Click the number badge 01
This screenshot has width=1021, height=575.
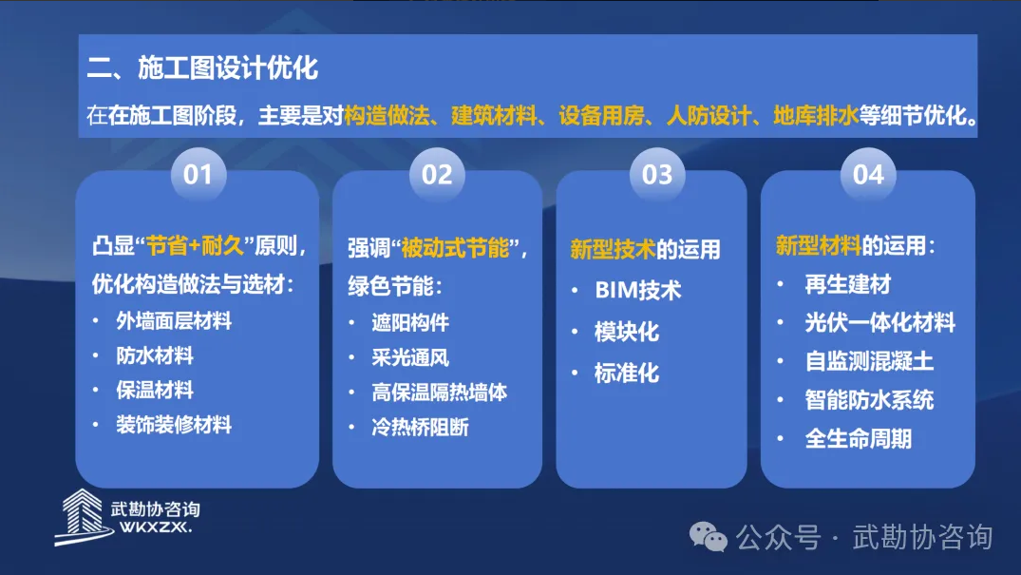click(x=198, y=175)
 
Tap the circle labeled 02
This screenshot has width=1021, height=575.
click(x=437, y=175)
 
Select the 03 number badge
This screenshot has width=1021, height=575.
click(x=657, y=175)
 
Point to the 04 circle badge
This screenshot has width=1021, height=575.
click(x=868, y=175)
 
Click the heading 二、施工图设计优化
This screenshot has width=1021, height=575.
click(x=202, y=67)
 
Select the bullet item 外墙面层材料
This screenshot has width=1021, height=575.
click(x=174, y=320)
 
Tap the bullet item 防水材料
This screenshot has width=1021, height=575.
click(x=155, y=356)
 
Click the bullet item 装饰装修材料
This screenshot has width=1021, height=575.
click(x=174, y=425)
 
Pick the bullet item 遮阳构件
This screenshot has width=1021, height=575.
click(x=410, y=322)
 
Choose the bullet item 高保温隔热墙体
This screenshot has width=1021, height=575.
click(x=440, y=393)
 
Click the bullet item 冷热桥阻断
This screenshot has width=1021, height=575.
click(x=420, y=428)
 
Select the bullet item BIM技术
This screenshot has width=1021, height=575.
click(x=638, y=290)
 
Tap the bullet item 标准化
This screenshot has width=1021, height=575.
click(x=627, y=374)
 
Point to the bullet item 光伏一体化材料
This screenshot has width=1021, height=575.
click(x=880, y=323)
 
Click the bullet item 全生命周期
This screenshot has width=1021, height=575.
click(x=859, y=439)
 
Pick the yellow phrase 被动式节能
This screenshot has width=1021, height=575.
click(x=455, y=248)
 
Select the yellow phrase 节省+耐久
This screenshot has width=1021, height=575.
click(x=195, y=246)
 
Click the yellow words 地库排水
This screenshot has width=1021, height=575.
click(x=816, y=115)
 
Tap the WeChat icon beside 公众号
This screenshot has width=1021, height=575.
click(x=708, y=537)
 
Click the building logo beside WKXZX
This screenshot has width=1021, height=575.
click(x=82, y=517)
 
